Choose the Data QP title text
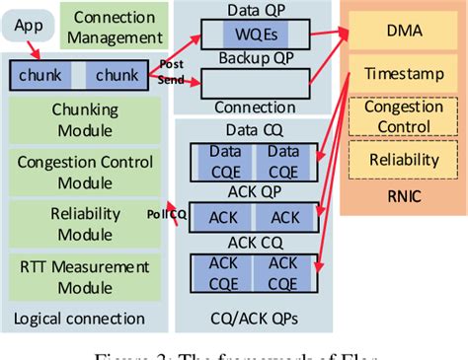point(255,12)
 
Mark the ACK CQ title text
point(256,242)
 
